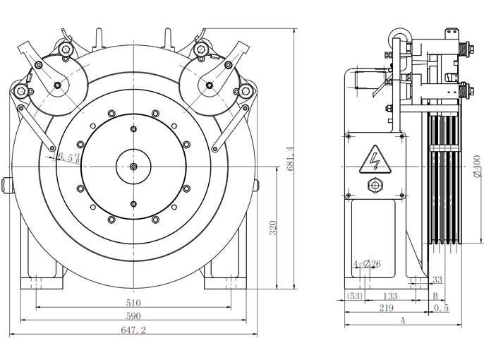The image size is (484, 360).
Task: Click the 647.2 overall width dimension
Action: pos(133,330)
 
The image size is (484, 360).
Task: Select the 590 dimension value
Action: pos(133,316)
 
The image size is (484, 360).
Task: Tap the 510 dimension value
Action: pos(133,302)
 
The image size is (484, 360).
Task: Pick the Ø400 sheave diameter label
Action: pos(477,167)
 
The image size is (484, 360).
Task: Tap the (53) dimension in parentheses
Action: pos(354,296)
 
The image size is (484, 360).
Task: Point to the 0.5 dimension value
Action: pos(442,308)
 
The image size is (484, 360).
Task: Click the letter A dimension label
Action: pos(401,321)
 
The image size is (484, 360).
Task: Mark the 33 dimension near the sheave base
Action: pos(437,280)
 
